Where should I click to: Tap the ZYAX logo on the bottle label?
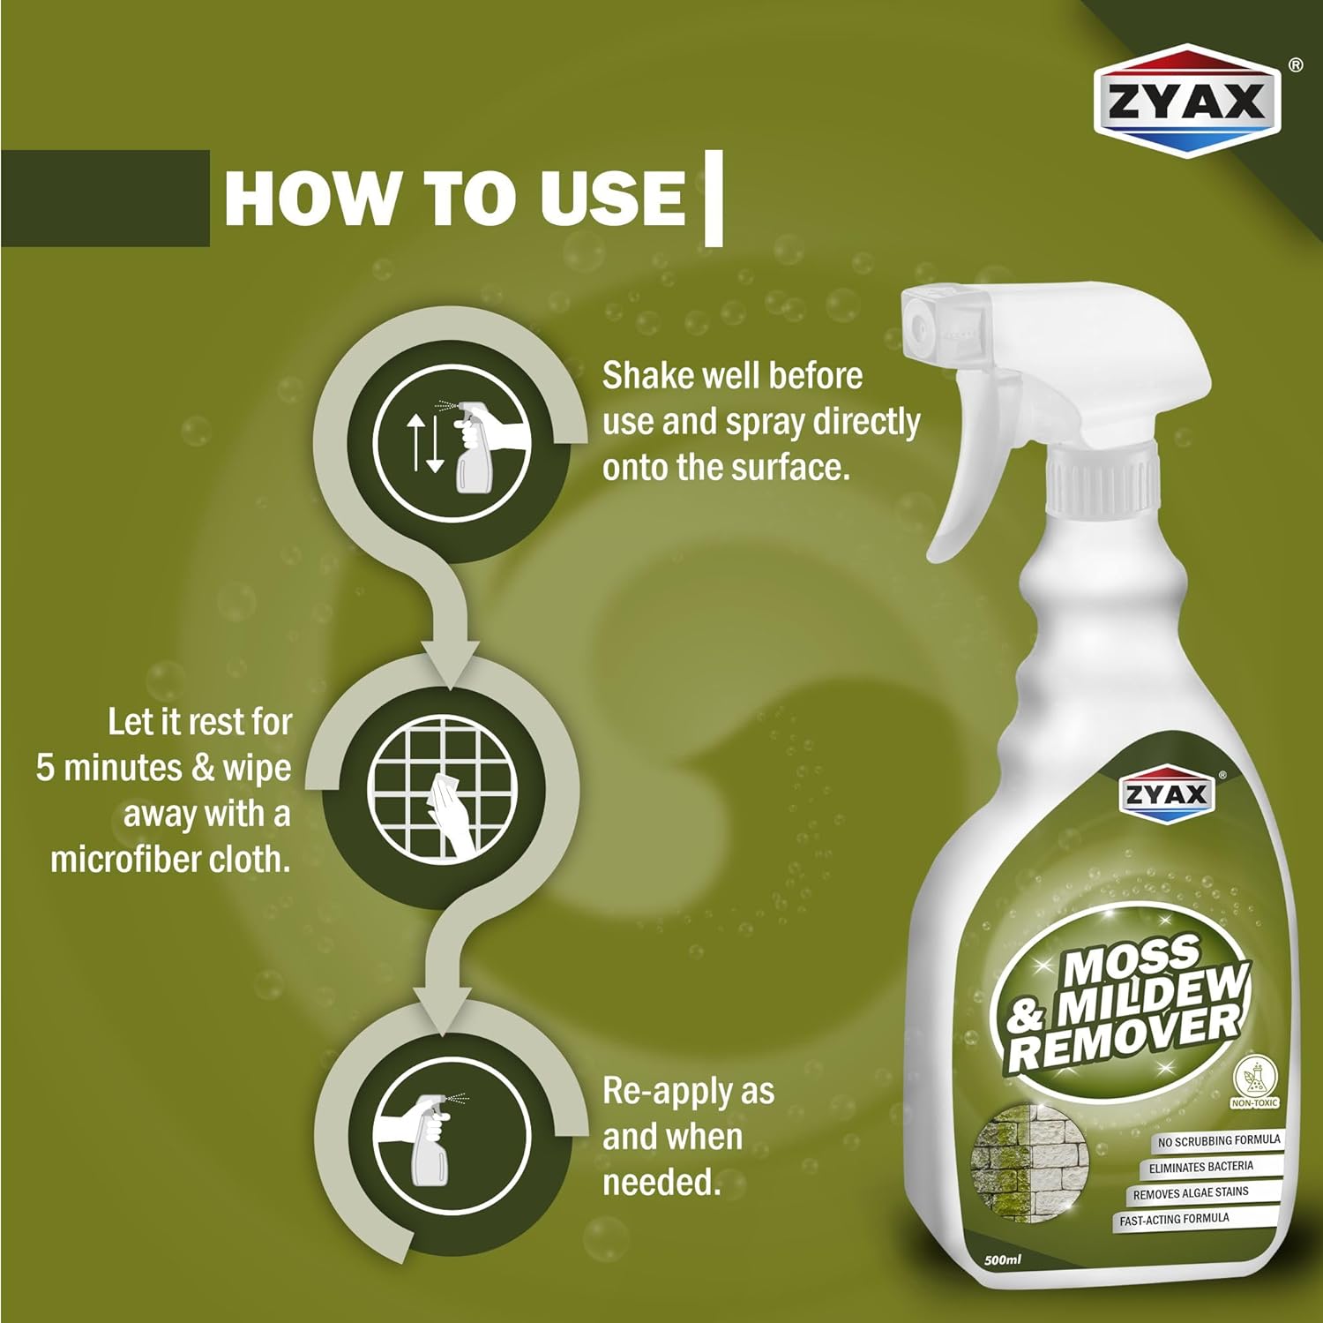tap(1165, 795)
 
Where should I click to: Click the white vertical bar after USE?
tap(714, 198)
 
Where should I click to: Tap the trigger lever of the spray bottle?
tap(970, 494)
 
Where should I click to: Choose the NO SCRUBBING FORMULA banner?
tap(1218, 1141)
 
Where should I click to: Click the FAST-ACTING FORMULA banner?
tap(1174, 1221)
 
